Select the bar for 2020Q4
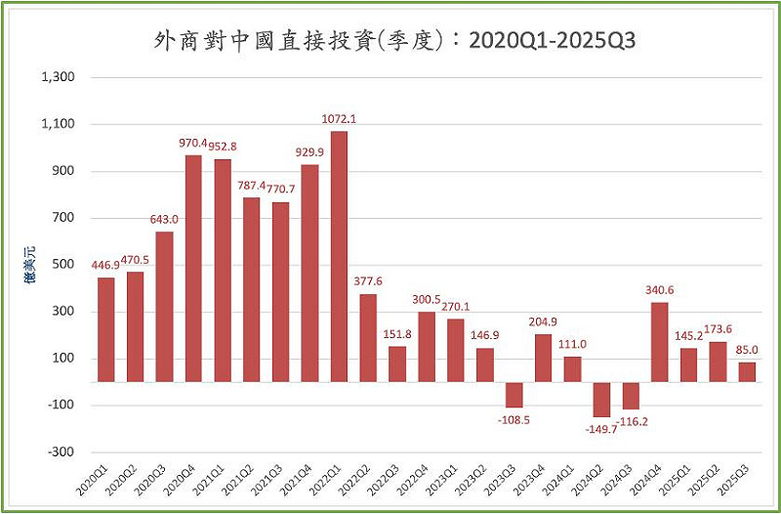pyautogui.click(x=193, y=269)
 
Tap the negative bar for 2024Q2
pyautogui.click(x=601, y=400)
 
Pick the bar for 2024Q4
pyautogui.click(x=660, y=342)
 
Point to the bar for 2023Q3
pyautogui.click(x=514, y=395)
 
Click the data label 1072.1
pyautogui.click(x=340, y=119)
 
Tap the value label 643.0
pyautogui.click(x=164, y=219)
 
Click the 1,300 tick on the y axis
pyautogui.click(x=61, y=77)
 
